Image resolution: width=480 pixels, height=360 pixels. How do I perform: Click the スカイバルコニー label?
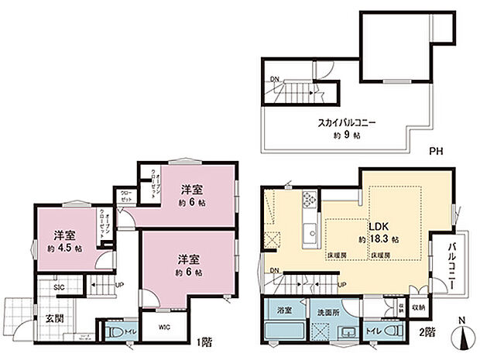[x=346, y=122]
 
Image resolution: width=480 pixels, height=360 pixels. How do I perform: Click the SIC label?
[x=58, y=288]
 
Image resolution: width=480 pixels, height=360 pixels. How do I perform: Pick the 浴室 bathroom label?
[x=284, y=310]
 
